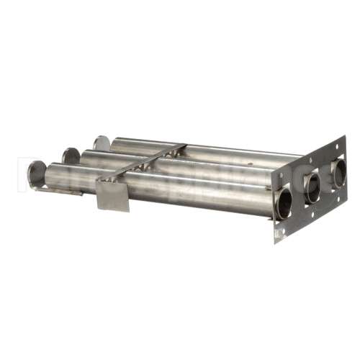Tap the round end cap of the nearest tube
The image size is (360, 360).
click(36, 174)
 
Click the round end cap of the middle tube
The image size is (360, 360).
click(71, 156)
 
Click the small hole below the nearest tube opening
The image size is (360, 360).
click(280, 233)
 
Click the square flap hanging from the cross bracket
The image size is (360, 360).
click(113, 194)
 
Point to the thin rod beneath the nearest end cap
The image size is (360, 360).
click(58, 191)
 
